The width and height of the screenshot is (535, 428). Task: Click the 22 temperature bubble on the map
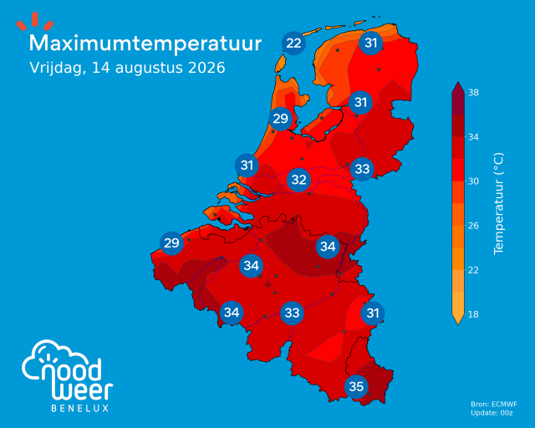pos(293,43)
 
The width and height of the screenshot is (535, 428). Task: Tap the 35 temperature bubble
pos(356,387)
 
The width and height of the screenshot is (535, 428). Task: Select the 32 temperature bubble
pos(299,180)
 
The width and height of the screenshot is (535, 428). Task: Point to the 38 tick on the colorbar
pos(473,93)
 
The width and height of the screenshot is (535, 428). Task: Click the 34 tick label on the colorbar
pos(473,137)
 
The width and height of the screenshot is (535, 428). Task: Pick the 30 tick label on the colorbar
pos(473,181)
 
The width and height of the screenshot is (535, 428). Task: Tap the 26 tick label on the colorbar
pos(473,226)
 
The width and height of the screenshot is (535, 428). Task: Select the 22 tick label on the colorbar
pos(473,270)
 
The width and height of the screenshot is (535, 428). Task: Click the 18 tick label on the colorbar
pos(473,314)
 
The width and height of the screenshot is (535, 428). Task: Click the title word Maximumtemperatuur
pos(145,44)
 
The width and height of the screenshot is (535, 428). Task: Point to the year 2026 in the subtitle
pos(206,68)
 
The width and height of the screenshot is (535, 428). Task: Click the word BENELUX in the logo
pos(80,408)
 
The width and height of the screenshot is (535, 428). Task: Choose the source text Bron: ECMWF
pos(494,405)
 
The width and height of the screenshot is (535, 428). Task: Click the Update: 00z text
pos(492,413)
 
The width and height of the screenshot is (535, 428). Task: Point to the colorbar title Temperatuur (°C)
pos(498,203)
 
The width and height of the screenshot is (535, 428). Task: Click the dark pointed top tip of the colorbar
pos(458,82)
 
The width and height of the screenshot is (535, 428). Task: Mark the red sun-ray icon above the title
pos(35,22)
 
